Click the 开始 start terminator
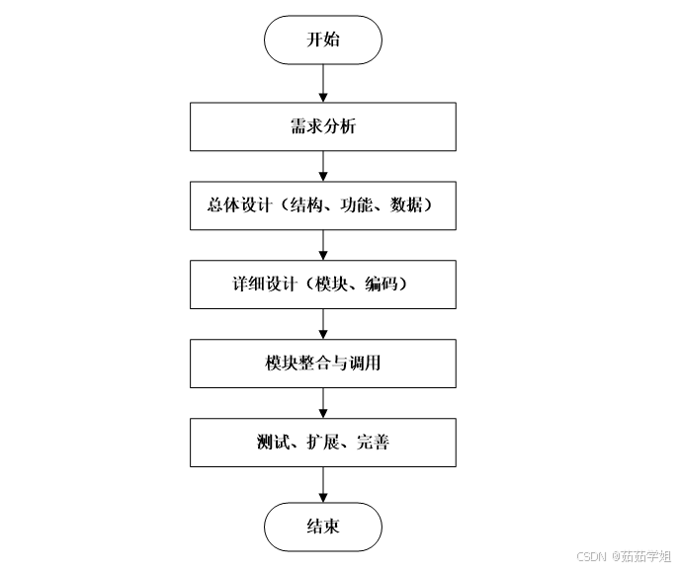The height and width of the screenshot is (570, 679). tap(322, 41)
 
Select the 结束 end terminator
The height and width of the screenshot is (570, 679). tap(322, 527)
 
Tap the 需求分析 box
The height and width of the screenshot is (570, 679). tap(322, 126)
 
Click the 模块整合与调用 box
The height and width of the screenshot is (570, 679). tap(322, 364)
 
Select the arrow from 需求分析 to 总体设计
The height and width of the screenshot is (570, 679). tap(323, 166)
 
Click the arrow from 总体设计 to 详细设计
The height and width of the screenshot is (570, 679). tap(323, 245)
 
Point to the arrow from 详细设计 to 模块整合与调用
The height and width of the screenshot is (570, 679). tap(323, 324)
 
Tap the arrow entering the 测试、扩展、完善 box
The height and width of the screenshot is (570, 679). tap(323, 403)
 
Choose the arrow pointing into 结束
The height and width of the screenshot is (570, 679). tap(323, 484)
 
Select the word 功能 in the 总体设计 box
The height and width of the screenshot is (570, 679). tap(356, 206)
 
